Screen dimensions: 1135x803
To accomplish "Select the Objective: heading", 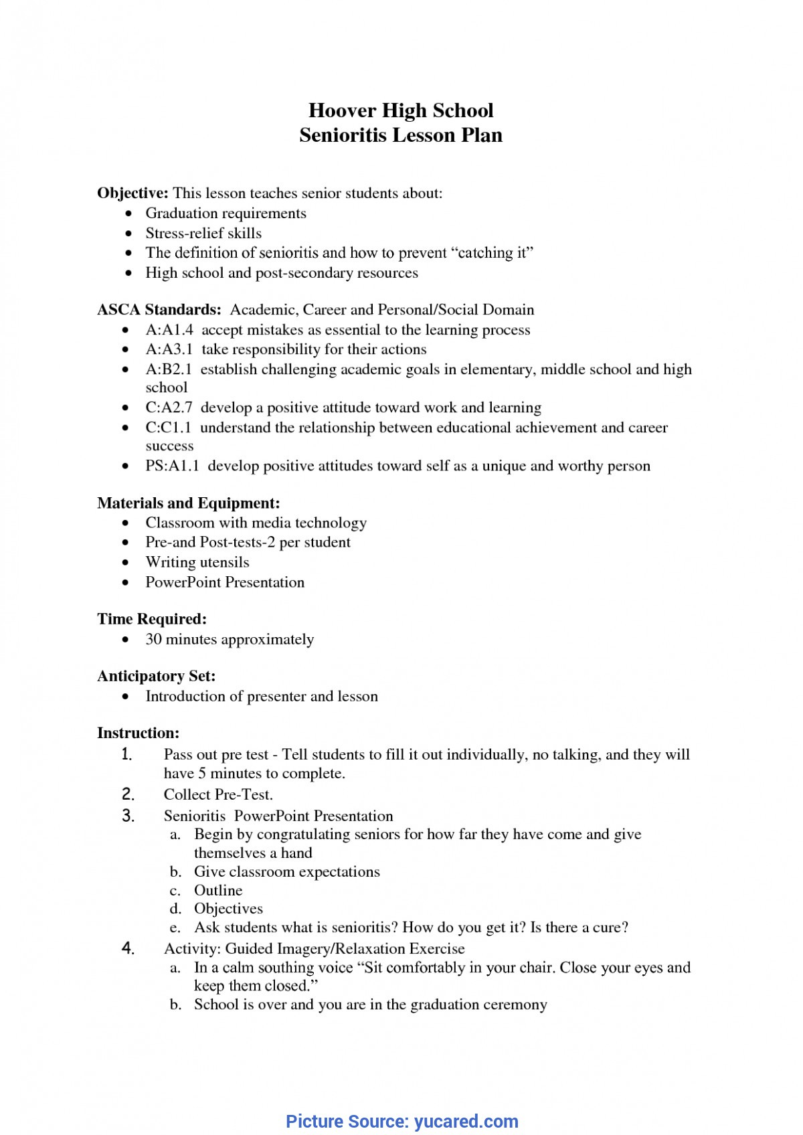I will click(x=132, y=193).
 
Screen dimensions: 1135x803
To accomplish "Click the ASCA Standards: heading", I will click(x=159, y=310).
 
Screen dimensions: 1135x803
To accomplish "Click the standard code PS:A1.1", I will click(x=173, y=466).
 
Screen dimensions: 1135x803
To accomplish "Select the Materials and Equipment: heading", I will click(x=188, y=503).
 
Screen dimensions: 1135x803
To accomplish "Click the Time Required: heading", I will click(x=151, y=619).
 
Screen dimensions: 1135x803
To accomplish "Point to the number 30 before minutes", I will click(x=153, y=640).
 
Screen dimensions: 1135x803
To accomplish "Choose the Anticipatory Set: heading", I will click(x=156, y=677).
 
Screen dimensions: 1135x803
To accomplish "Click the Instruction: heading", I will click(x=138, y=733).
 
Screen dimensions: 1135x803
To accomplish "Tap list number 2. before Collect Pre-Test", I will click(x=128, y=795).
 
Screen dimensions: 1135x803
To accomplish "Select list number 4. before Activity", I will click(x=128, y=948).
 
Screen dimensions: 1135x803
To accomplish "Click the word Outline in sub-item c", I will click(x=218, y=891).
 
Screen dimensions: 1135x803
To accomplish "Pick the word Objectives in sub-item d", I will click(x=228, y=909).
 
